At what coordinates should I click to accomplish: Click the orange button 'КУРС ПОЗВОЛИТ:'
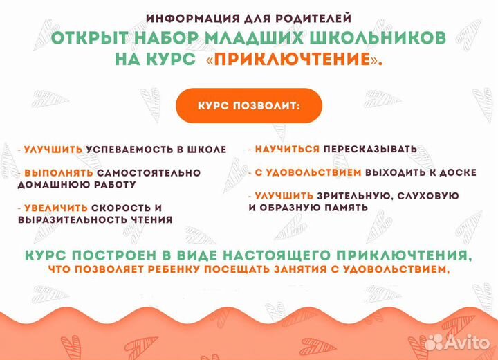coord(248,105)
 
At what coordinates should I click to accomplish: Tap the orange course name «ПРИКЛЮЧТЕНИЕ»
coord(294,60)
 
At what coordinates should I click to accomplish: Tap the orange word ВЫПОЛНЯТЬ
coord(55,172)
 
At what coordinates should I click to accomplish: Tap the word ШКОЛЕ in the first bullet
coord(205,149)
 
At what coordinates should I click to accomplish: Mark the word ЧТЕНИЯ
coord(148,219)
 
